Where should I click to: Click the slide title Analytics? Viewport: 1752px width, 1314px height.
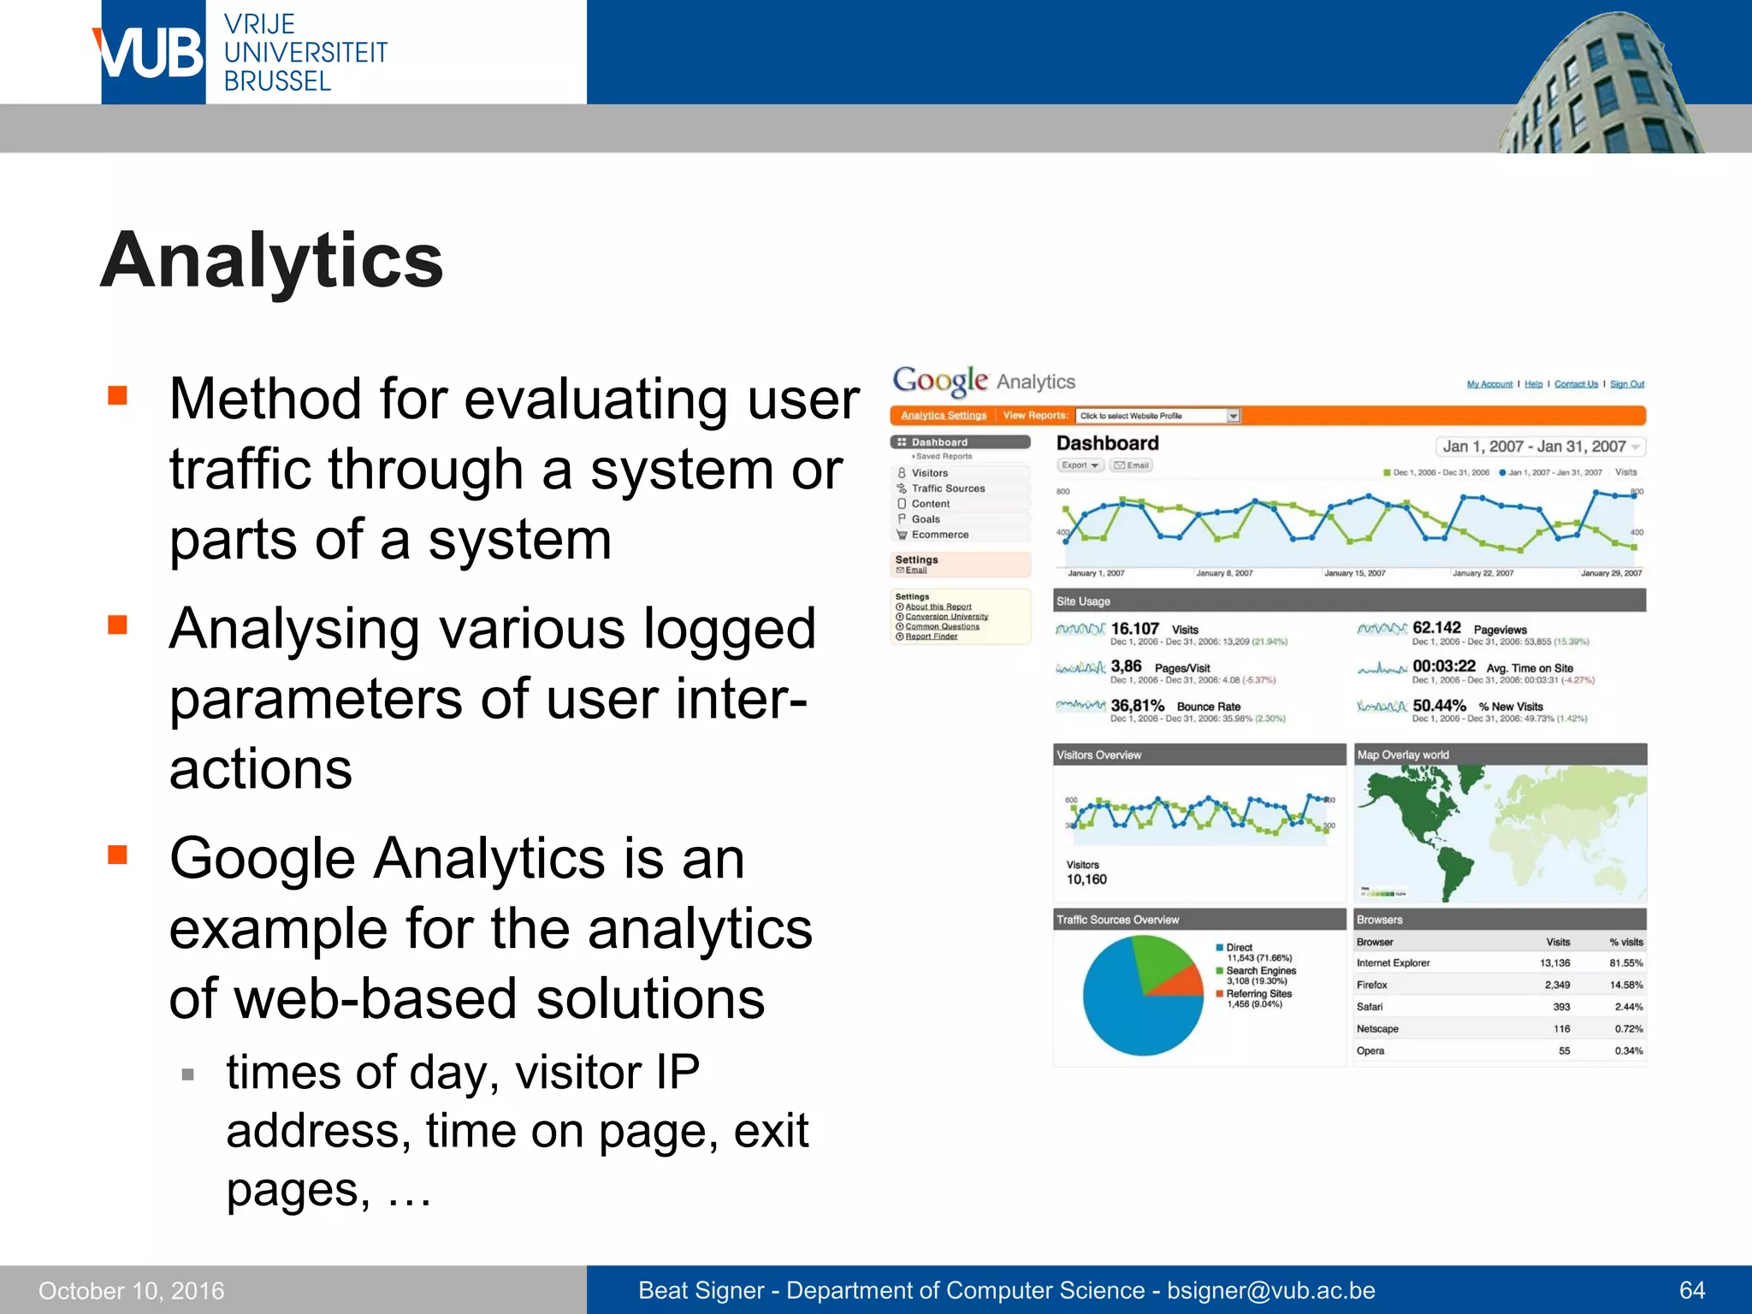click(272, 260)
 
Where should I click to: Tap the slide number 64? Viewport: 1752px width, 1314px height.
click(1691, 1290)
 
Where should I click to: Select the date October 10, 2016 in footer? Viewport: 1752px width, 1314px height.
click(132, 1290)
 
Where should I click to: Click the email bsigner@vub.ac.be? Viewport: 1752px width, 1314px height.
click(1270, 1290)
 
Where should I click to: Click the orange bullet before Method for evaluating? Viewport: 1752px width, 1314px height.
click(117, 395)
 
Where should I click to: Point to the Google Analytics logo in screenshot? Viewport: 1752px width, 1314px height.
click(984, 381)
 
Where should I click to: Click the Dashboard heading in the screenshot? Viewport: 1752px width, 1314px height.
click(1107, 443)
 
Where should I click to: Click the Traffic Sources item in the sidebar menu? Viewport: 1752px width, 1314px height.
click(947, 488)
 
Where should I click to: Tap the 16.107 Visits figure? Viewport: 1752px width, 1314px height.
click(1135, 629)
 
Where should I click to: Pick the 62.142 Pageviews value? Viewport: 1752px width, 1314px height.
click(1437, 628)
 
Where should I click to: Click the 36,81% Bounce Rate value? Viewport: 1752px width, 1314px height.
click(1138, 706)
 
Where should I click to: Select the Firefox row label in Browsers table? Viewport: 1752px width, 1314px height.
click(1371, 985)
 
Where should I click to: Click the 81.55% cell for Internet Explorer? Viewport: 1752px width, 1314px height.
click(1625, 963)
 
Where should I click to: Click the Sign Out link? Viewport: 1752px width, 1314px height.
click(1626, 384)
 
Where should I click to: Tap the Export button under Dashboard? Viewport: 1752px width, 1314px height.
click(1079, 465)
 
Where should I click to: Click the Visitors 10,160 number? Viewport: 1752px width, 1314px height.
click(1086, 879)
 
